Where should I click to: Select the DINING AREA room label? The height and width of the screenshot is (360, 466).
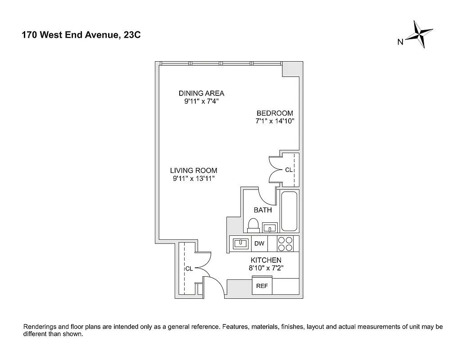pyautogui.click(x=201, y=94)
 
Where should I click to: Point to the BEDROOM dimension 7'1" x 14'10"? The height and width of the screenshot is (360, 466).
pyautogui.click(x=275, y=121)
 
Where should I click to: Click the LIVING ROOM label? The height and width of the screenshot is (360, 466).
pyautogui.click(x=194, y=171)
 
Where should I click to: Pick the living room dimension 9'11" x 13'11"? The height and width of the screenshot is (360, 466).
pyautogui.click(x=194, y=179)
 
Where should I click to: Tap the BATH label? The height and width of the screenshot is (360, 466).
pyautogui.click(x=262, y=210)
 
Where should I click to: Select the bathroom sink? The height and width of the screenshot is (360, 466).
pyautogui.click(x=270, y=227)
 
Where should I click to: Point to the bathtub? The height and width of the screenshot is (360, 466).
pyautogui.click(x=289, y=211)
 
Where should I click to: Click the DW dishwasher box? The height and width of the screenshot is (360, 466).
pyautogui.click(x=259, y=243)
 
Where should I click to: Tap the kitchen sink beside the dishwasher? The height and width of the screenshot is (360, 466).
pyautogui.click(x=241, y=243)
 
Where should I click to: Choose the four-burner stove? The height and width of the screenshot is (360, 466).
pyautogui.click(x=285, y=243)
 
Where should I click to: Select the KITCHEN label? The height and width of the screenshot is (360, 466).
pyautogui.click(x=266, y=260)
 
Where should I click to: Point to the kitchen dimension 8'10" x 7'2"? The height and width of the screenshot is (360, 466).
pyautogui.click(x=266, y=268)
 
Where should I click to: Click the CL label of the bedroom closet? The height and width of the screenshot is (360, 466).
pyautogui.click(x=288, y=170)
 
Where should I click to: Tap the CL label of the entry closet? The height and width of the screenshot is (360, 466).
pyautogui.click(x=189, y=269)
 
